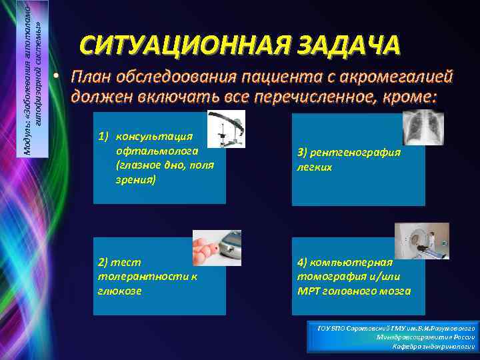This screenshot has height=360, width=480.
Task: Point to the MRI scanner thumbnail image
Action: tap(421, 241)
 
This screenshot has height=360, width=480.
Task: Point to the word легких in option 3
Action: tap(315, 167)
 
